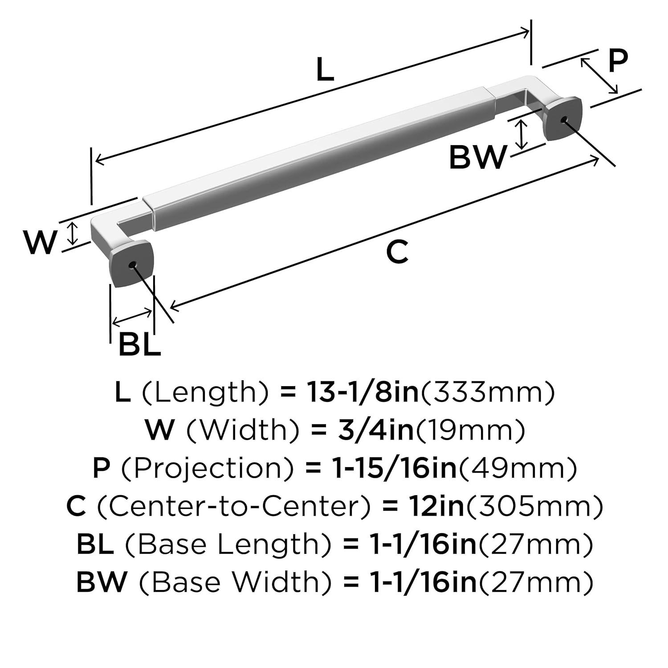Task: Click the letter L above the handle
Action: click(325, 70)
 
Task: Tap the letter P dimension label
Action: click(618, 61)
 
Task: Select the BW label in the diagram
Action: click(478, 157)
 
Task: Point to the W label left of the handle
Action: click(41, 243)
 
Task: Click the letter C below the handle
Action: click(397, 252)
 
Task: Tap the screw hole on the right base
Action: click(564, 119)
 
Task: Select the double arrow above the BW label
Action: click(521, 134)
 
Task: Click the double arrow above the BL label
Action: click(132, 317)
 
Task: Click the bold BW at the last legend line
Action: click(102, 582)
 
